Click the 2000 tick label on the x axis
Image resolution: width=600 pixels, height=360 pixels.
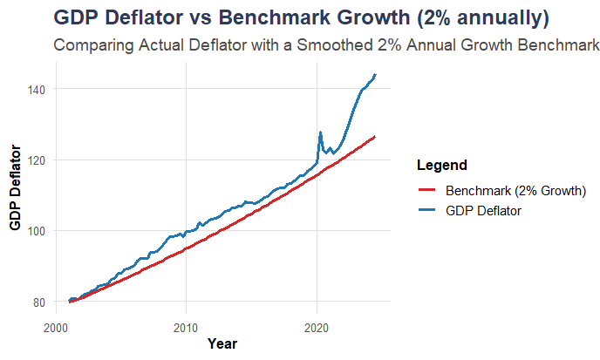click(x=55, y=328)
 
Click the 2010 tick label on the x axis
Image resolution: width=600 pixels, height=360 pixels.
click(x=186, y=328)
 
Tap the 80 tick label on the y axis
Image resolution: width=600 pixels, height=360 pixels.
click(x=40, y=302)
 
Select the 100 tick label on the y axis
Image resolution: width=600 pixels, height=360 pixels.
click(x=37, y=231)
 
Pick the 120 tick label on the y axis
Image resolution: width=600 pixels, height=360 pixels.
click(x=37, y=160)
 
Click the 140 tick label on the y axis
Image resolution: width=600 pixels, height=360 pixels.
click(x=37, y=89)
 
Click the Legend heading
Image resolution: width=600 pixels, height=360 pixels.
click(x=441, y=165)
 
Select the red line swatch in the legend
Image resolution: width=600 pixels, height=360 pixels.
click(x=427, y=190)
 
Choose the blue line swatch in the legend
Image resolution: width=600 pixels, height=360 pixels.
click(x=427, y=211)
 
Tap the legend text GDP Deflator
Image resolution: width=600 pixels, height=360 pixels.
click(x=483, y=211)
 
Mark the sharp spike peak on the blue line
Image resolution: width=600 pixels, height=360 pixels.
click(x=320, y=132)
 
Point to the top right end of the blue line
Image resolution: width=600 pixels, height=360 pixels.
click(x=375, y=75)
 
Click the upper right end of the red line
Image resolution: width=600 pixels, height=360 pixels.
click(x=375, y=136)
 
